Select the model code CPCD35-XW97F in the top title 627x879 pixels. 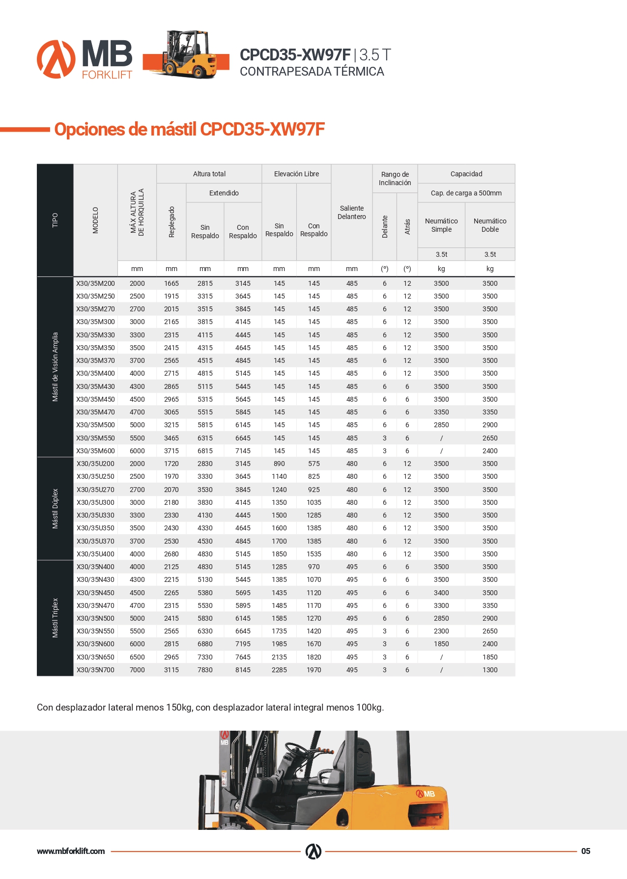click(x=295, y=55)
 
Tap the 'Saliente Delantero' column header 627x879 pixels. click(x=352, y=213)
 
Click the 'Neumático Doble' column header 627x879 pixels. click(x=490, y=225)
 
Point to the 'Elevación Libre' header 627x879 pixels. click(x=296, y=174)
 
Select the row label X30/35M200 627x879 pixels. click(x=95, y=283)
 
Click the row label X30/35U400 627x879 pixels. click(x=95, y=554)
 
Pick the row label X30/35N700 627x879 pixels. click(x=95, y=670)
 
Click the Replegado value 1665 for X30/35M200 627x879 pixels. click(x=171, y=283)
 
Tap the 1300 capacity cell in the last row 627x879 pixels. click(x=490, y=670)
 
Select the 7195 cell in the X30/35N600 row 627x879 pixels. click(x=243, y=644)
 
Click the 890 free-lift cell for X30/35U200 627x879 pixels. click(x=279, y=464)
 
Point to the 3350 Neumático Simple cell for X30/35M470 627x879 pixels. click(x=441, y=412)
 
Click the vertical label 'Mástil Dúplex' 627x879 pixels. click(x=55, y=509)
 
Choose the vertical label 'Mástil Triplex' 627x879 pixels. click(x=55, y=618)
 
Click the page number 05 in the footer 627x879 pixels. click(x=586, y=851)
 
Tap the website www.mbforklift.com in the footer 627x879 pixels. click(x=71, y=851)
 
